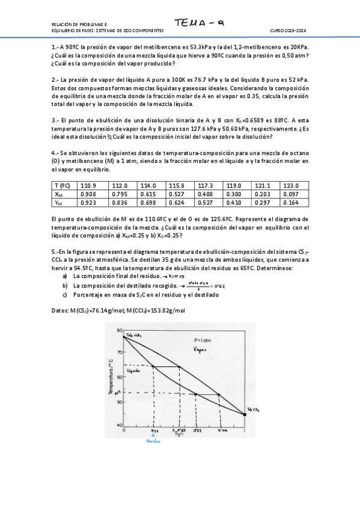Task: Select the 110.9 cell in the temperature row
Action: [88, 185]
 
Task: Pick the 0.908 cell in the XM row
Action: [88, 194]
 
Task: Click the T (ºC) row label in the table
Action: [62, 185]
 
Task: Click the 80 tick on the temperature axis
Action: [118, 331]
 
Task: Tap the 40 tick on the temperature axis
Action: [118, 425]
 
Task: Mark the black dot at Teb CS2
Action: [245, 413]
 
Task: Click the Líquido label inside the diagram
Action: [133, 371]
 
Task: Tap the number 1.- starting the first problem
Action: [55, 47]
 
